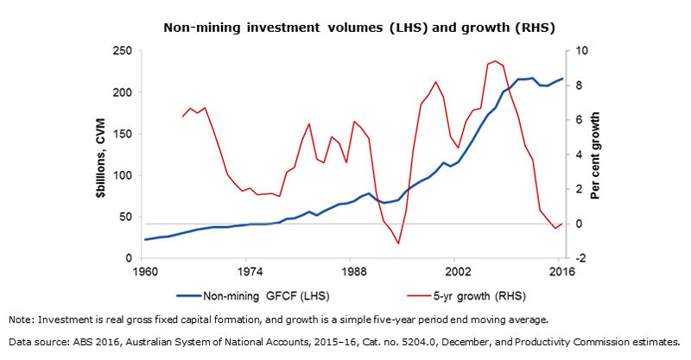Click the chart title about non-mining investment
pyautogui.click(x=345, y=27)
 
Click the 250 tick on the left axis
pyautogui.click(x=123, y=51)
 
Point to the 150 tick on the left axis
pyautogui.click(x=123, y=134)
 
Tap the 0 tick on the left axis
pyautogui.click(x=129, y=258)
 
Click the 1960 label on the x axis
pyautogui.click(x=144, y=271)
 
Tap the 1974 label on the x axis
pyautogui.click(x=248, y=271)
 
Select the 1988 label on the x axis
pyautogui.click(x=352, y=271)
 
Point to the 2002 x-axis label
pyautogui.click(x=456, y=271)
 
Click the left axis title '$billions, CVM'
pyautogui.click(x=102, y=155)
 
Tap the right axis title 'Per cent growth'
pyautogui.click(x=596, y=155)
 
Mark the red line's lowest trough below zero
pyautogui.click(x=398, y=243)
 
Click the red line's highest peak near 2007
pyautogui.click(x=494, y=61)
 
